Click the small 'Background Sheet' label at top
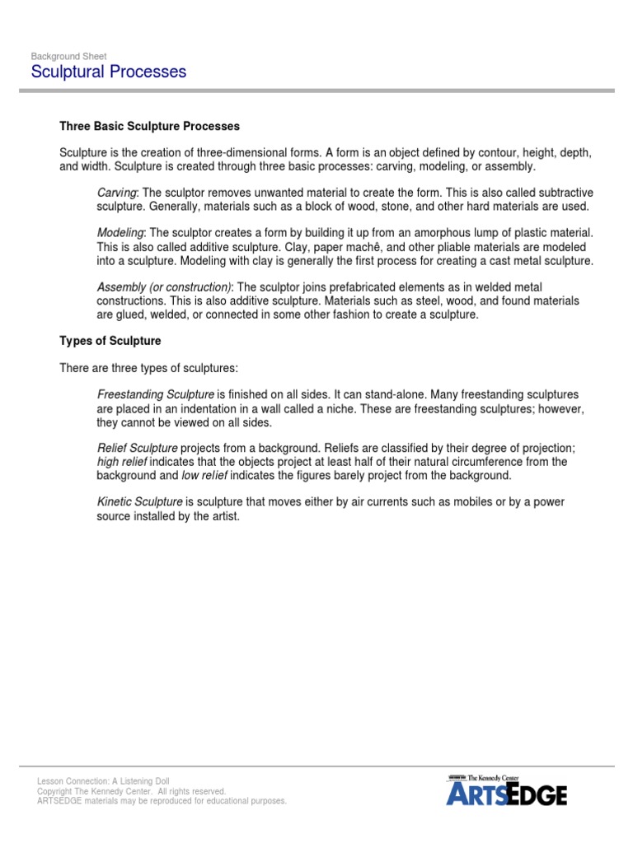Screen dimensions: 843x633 click(x=68, y=56)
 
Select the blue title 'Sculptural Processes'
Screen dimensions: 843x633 click(x=109, y=72)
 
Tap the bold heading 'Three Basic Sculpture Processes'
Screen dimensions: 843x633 click(x=149, y=127)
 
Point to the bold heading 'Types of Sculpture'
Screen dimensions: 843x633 click(x=110, y=341)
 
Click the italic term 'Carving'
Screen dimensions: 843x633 click(x=116, y=192)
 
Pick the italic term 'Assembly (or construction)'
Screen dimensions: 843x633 click(x=164, y=287)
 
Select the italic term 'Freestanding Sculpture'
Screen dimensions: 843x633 click(x=156, y=394)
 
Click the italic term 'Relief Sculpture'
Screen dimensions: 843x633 click(x=137, y=448)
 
